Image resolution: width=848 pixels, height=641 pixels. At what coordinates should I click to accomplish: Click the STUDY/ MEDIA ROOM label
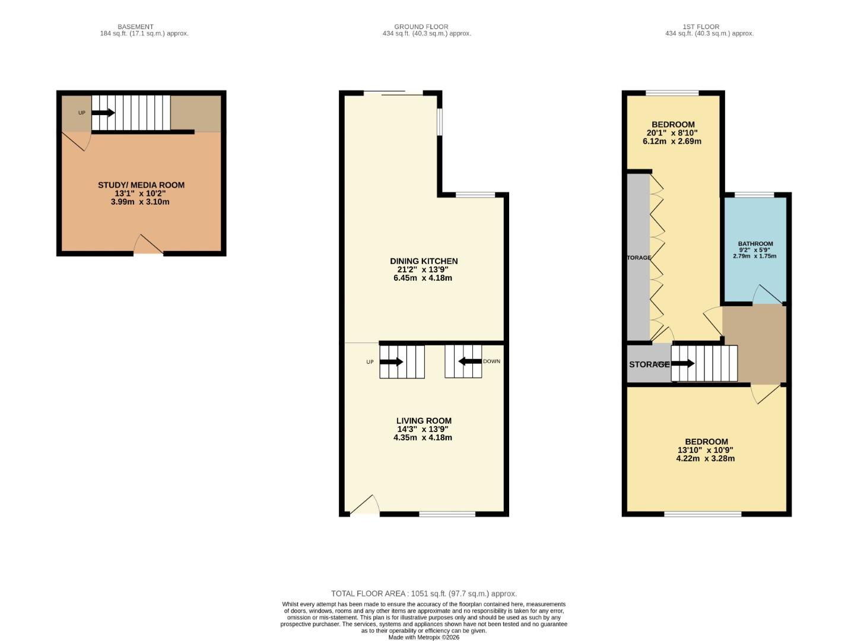pos(141,185)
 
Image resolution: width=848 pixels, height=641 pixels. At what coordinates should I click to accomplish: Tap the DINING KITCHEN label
pos(424,261)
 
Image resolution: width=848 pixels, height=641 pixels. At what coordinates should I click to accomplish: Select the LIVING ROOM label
pos(424,421)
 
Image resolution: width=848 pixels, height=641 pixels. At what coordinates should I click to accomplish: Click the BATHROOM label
pos(755,244)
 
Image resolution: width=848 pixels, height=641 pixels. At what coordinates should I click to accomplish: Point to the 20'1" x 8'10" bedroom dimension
pos(672,134)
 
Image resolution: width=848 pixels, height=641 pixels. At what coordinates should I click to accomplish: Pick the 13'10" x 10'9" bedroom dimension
pos(706,450)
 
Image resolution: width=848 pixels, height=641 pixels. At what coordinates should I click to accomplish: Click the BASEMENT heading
pos(135,27)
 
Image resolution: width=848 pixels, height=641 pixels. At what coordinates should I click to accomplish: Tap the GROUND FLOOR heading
pos(421,27)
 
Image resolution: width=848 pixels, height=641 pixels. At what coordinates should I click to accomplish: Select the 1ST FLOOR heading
pos(701,27)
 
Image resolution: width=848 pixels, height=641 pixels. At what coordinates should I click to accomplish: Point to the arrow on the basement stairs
pos(103,113)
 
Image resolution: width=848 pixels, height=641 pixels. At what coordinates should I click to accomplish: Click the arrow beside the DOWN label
pos(470,361)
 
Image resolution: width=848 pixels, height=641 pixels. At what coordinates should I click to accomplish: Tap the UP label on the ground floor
pos(370,362)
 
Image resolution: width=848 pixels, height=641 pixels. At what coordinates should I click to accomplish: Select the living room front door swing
pos(366,504)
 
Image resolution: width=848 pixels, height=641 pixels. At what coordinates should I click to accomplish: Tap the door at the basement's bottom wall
pos(148,245)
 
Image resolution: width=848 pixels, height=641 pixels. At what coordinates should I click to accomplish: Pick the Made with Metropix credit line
pos(424,637)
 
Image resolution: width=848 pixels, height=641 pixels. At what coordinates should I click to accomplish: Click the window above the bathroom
pos(754,195)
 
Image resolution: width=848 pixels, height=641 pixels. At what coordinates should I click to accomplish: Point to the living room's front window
pos(447,514)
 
